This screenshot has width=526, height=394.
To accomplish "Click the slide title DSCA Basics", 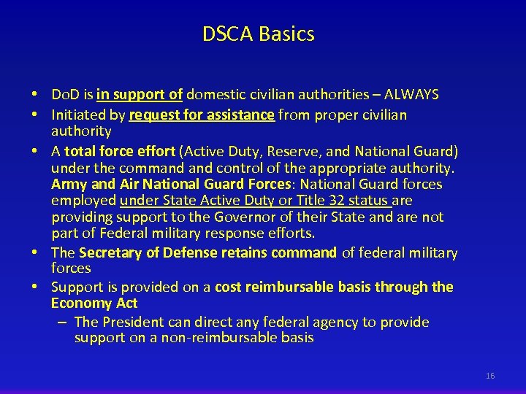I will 259,34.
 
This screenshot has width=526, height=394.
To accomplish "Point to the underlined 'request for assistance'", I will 202,115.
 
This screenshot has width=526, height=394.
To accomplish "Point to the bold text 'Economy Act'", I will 94,303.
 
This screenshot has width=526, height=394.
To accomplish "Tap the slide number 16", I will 489,376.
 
